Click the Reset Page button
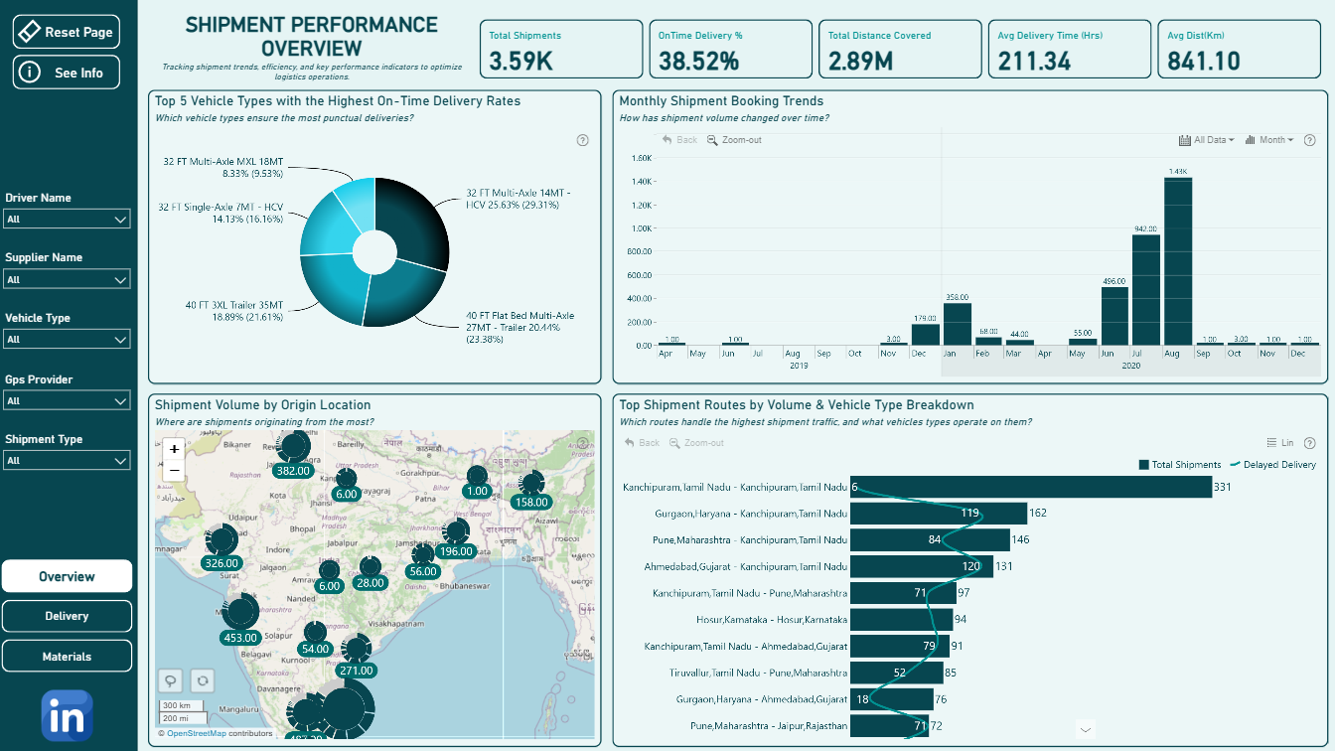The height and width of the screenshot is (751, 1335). (67, 32)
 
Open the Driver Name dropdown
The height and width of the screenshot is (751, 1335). (68, 219)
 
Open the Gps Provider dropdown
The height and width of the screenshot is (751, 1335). (68, 401)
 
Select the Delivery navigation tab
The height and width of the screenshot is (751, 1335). (67, 616)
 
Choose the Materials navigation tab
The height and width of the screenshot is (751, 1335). (67, 656)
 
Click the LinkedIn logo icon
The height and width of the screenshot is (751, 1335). (68, 716)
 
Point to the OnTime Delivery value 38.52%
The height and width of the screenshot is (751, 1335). (699, 61)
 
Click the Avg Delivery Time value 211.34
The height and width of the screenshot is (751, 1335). (1034, 61)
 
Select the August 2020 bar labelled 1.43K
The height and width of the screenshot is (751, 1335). (1178, 262)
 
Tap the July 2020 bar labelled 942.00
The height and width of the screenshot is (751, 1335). (1145, 290)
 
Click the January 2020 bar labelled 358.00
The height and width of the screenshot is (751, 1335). (957, 324)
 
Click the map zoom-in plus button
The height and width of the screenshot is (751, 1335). (174, 449)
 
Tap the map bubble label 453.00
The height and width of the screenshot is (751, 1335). (240, 638)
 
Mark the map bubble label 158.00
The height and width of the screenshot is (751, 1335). (531, 503)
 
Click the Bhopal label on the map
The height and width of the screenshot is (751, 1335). (303, 529)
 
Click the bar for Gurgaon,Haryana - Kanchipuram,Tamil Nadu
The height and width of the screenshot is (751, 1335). (938, 514)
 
